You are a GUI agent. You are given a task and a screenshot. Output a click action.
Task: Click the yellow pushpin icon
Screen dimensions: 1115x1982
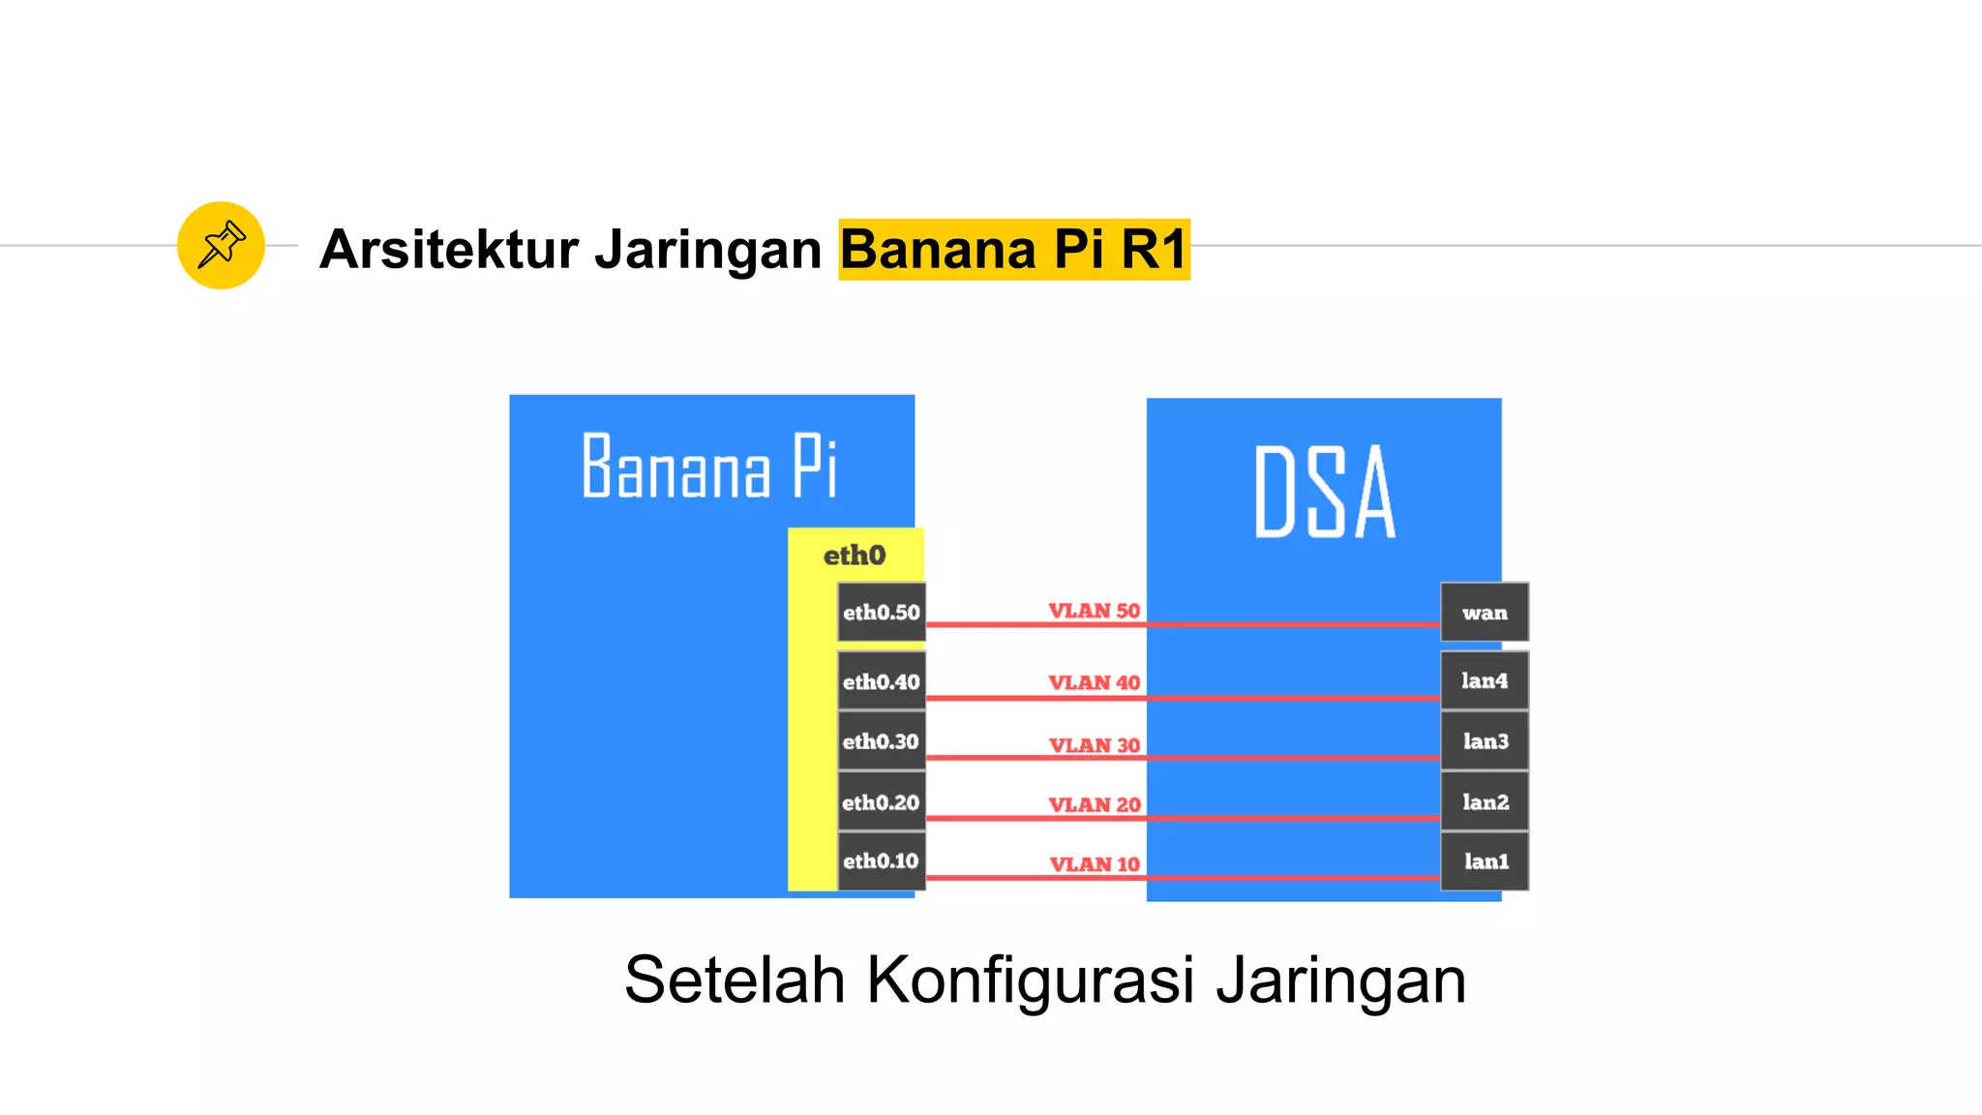point(221,245)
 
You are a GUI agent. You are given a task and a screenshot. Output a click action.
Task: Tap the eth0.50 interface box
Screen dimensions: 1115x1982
point(881,612)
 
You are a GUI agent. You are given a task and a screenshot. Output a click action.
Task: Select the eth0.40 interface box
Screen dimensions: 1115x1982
point(881,681)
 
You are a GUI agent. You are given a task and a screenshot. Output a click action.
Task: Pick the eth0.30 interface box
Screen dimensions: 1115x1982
point(881,741)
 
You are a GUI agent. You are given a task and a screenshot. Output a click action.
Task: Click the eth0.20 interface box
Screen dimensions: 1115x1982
point(881,801)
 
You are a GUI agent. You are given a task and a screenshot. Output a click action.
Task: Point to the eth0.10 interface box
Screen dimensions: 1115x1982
point(881,860)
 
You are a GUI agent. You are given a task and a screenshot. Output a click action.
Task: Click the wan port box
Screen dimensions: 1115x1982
point(1485,612)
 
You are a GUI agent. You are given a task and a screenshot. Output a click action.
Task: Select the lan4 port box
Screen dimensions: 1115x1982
point(1485,680)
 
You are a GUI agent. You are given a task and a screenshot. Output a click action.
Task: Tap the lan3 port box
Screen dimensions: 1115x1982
point(1485,741)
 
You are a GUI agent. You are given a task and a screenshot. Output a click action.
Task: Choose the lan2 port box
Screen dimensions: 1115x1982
point(1485,801)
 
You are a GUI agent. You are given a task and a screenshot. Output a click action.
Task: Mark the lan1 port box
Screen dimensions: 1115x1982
point(1485,860)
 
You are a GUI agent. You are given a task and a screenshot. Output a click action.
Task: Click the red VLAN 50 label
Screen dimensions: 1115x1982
point(1095,611)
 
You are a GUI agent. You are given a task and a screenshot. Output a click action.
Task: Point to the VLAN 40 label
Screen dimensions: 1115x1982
point(1095,682)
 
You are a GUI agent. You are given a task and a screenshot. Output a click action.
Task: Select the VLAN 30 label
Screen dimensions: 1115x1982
point(1095,745)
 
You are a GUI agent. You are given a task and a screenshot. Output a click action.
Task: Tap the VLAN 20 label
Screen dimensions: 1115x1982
point(1095,804)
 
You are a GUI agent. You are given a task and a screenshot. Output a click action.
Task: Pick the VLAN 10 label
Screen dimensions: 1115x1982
point(1095,864)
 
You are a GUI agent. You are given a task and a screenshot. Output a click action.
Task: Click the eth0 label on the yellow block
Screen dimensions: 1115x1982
point(855,555)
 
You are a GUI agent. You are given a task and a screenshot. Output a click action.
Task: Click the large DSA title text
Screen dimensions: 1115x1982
point(1325,492)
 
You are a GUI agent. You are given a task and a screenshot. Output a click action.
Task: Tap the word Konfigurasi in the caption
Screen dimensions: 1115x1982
point(1031,979)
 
